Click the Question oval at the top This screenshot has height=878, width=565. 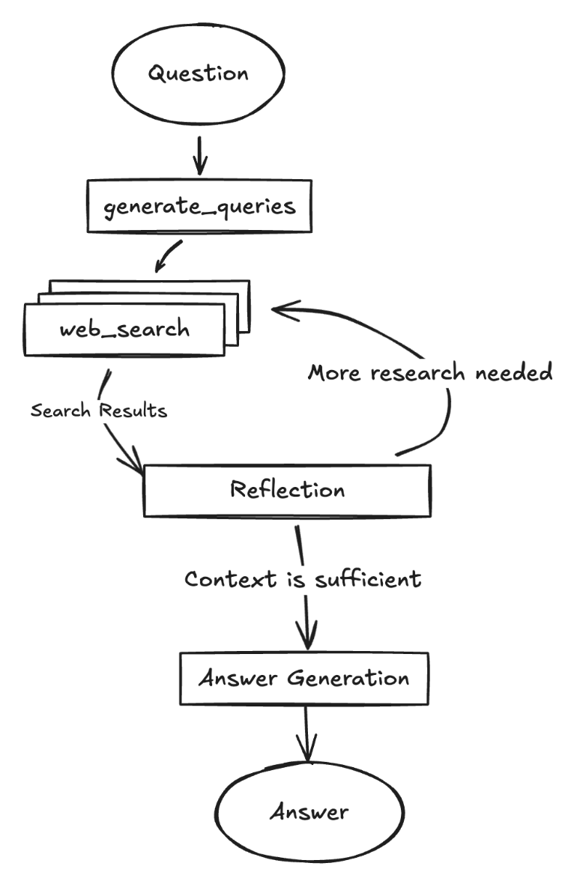click(x=197, y=73)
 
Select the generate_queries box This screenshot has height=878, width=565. click(x=198, y=205)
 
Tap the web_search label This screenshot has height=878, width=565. click(x=125, y=328)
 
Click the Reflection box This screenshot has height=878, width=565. click(x=287, y=491)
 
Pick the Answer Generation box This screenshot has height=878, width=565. click(x=303, y=679)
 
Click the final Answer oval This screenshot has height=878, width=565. click(x=310, y=812)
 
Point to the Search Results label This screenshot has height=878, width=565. click(x=98, y=411)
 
